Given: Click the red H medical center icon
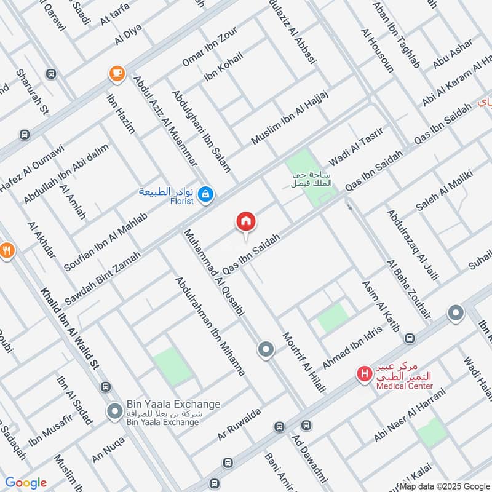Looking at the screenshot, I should tap(365, 373).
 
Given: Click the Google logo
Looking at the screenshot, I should tap(26, 483).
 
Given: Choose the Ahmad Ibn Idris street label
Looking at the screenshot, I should tap(352, 347).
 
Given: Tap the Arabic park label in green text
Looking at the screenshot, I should tap(312, 178).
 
